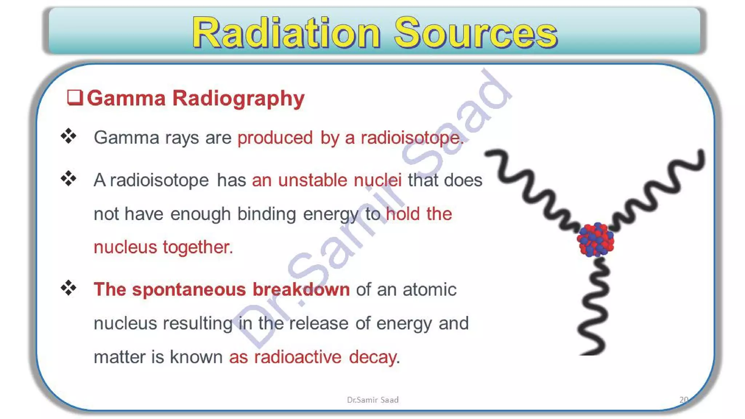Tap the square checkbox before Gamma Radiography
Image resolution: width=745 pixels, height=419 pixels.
coord(75,97)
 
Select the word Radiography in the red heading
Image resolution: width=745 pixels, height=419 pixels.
coord(238,98)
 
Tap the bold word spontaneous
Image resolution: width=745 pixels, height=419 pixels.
coord(189,290)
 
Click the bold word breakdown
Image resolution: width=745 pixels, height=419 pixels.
coord(301,290)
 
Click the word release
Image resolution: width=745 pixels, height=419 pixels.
coord(319,323)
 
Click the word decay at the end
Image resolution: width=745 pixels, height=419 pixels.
coord(373,357)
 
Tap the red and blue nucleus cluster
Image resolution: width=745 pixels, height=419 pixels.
coord(595,240)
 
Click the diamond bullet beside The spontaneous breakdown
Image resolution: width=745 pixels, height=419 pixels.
coord(68,288)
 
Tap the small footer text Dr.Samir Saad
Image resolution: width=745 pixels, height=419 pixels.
coord(372,400)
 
